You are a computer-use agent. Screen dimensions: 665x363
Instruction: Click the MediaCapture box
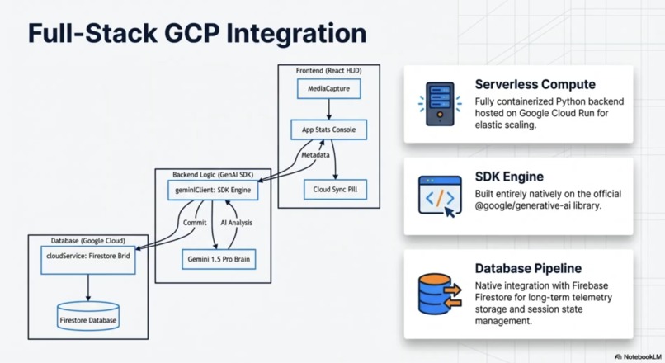pos(328,88)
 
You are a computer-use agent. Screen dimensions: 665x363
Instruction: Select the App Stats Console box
pos(328,130)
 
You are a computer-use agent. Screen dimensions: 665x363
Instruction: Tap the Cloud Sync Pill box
pos(335,190)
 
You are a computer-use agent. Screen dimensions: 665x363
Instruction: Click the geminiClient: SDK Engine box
pos(213,190)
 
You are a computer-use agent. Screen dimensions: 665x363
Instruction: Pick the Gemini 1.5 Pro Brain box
pos(219,259)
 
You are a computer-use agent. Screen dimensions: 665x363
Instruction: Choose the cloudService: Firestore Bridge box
pos(88,260)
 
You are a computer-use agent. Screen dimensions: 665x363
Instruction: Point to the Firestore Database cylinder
pos(88,316)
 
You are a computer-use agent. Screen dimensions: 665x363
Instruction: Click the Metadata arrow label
pos(315,155)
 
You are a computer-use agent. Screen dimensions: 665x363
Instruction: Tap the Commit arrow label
pos(195,223)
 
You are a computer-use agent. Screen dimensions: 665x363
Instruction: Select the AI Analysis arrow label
pos(236,223)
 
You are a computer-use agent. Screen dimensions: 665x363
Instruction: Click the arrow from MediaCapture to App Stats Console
pos(328,109)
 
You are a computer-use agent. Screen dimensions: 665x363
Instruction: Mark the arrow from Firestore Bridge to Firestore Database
pos(88,288)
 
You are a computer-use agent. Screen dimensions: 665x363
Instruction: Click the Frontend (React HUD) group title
pos(328,71)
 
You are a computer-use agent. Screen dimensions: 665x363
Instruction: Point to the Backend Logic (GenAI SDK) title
pos(213,175)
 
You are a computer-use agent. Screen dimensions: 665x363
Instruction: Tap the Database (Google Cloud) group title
pos(88,241)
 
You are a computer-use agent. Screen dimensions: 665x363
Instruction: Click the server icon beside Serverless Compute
pos(440,104)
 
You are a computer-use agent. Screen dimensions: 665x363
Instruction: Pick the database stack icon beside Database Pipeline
pos(440,294)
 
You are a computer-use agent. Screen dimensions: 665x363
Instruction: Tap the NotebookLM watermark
pos(638,357)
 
